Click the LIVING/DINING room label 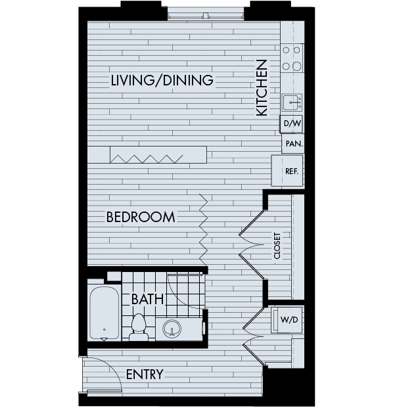tap(162, 81)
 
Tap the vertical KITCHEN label tap(262, 88)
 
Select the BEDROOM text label tap(140, 217)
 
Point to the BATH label tap(147, 299)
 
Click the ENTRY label tap(144, 374)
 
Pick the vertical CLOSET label tap(277, 245)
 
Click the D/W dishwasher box tap(291, 124)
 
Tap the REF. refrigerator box tap(291, 171)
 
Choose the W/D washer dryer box tap(289, 319)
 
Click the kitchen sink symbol tap(292, 102)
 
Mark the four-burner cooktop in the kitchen tap(292, 58)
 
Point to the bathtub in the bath tap(105, 313)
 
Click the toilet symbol tap(139, 327)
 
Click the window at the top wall tap(206, 12)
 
